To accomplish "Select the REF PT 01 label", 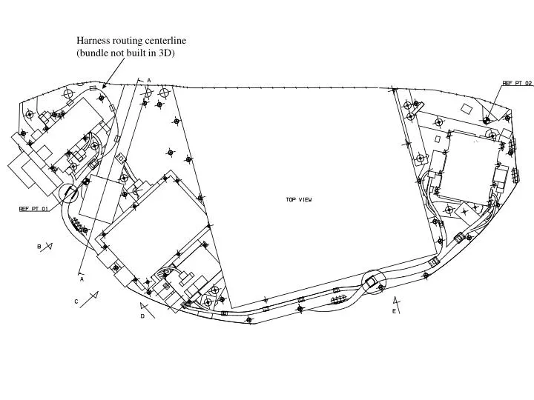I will (x=33, y=209).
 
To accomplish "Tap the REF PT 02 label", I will (x=517, y=83).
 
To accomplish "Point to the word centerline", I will (x=165, y=41).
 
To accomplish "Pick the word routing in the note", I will (x=128, y=41).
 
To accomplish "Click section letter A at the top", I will (x=148, y=80).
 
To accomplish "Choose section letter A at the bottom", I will (x=82, y=279).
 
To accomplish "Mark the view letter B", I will (x=39, y=246).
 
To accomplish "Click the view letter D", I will (x=142, y=316).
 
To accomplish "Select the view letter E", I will (x=394, y=312).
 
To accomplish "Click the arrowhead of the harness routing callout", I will (x=103, y=87).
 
